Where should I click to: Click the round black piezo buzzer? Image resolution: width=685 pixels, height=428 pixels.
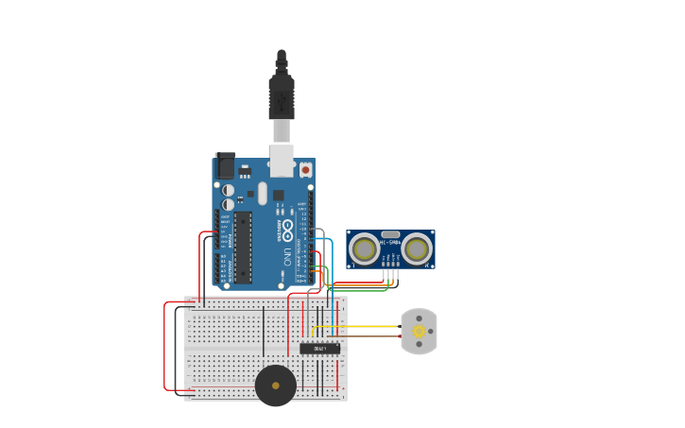point(275,385)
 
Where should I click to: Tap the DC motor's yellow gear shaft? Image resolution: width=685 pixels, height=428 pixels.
point(419,331)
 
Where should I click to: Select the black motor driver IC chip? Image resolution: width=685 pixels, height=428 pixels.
point(319,349)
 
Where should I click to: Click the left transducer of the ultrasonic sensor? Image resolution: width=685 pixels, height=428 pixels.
point(365,249)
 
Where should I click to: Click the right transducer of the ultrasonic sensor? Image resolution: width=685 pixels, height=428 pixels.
point(416,249)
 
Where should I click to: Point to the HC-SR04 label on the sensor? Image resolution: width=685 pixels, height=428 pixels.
point(390,243)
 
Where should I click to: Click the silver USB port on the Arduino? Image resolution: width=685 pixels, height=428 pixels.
point(282,160)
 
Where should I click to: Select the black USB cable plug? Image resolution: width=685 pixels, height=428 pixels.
point(282,94)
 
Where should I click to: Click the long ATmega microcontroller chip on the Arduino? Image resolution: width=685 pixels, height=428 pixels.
point(243,248)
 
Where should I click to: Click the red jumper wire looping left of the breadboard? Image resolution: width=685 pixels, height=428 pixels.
point(166,350)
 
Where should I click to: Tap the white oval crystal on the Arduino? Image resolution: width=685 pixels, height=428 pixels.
point(263,193)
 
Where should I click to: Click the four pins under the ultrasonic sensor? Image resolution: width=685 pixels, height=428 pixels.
point(390,274)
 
